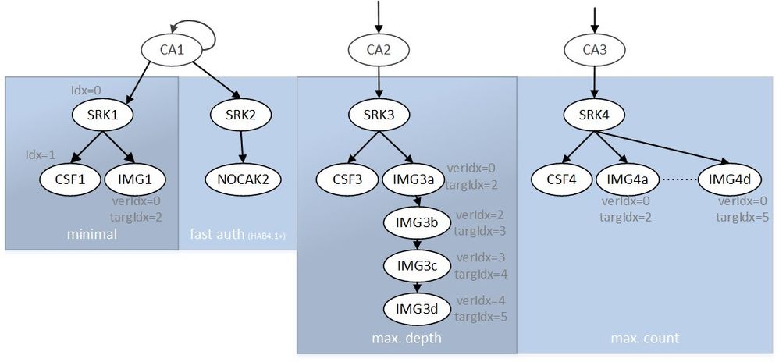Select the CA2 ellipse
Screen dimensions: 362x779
pyautogui.click(x=378, y=52)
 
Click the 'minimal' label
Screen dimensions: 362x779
pyautogui.click(x=92, y=234)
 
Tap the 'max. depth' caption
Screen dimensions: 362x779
pyautogui.click(x=407, y=338)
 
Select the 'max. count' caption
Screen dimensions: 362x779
pyautogui.click(x=645, y=338)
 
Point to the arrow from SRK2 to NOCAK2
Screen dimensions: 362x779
pyautogui.click(x=241, y=148)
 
